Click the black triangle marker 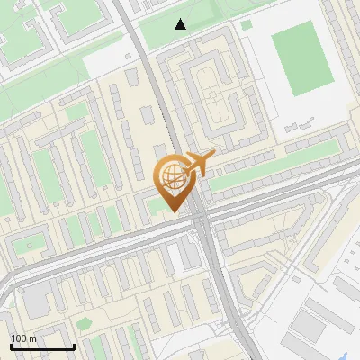point(181,24)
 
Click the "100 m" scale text point(23,338)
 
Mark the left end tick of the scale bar point(11,345)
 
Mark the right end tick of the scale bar point(74,345)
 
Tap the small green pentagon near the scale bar point(84,323)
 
